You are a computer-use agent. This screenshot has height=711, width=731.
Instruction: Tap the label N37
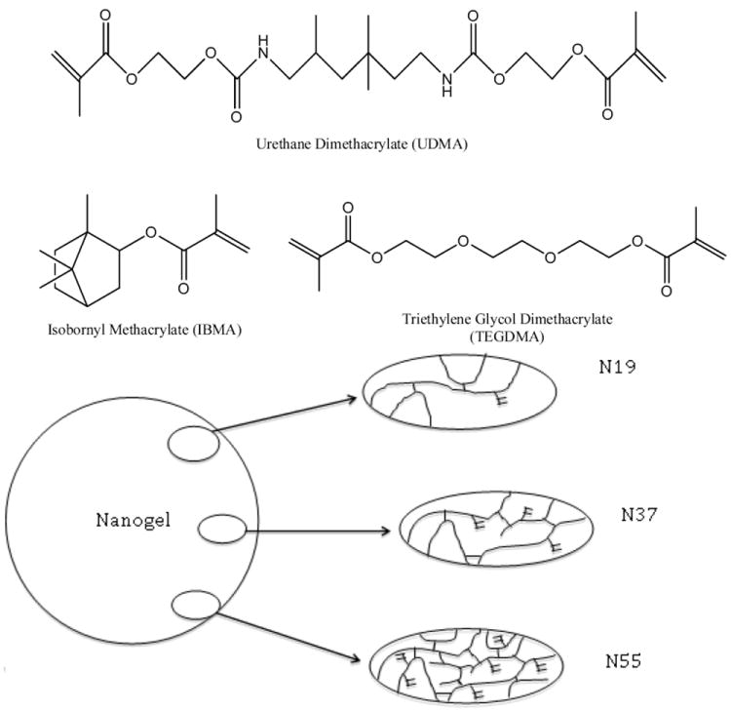point(640,513)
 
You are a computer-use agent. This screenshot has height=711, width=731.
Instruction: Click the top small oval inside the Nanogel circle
point(188,446)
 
